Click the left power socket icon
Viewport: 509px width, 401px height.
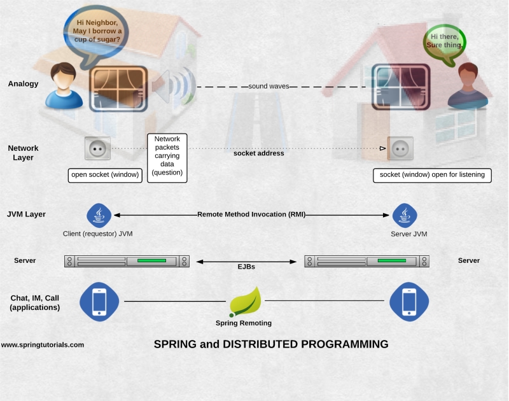point(97,148)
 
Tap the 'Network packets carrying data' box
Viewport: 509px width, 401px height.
point(167,157)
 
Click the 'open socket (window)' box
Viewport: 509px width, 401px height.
point(105,175)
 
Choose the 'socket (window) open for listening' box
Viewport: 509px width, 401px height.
point(432,175)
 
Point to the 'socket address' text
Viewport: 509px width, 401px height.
point(258,153)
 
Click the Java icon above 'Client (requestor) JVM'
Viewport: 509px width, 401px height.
point(99,215)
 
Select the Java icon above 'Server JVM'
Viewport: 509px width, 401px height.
point(403,215)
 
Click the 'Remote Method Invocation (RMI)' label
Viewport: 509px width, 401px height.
point(251,215)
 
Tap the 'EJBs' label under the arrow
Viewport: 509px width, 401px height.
point(246,267)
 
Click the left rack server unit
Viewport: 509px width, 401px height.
point(126,261)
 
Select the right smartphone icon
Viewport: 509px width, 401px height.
point(409,301)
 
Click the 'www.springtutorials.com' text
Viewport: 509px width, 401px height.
point(43,344)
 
